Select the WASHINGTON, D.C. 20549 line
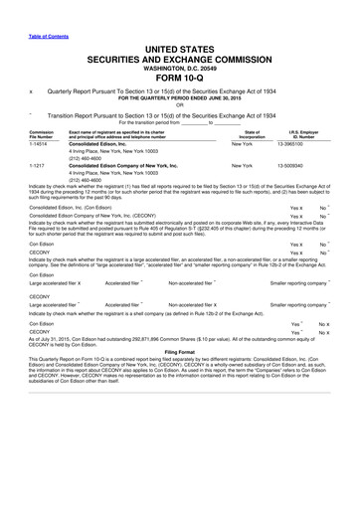(179, 41)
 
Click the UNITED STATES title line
(179, 21)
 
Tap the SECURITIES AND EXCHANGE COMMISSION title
(179, 32)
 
